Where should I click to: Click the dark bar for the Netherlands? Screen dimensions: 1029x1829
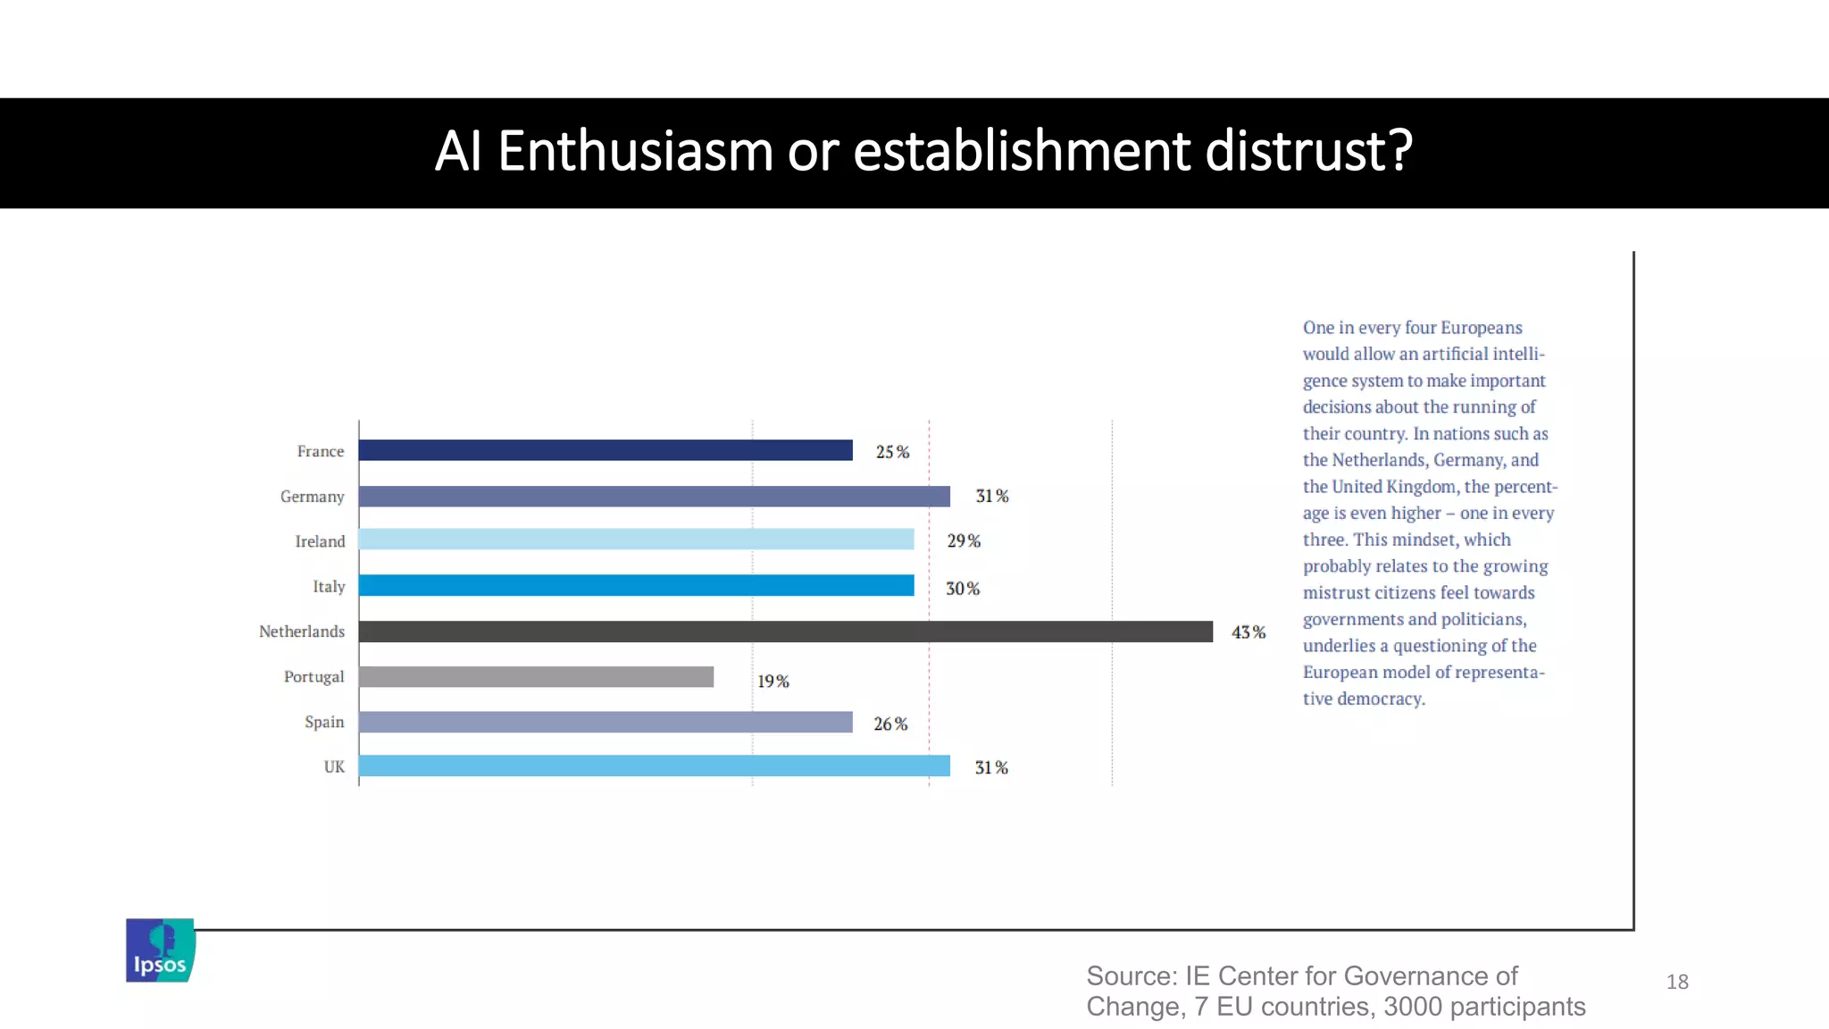(785, 632)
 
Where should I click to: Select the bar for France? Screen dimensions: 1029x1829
(605, 450)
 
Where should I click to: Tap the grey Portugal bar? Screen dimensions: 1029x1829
(536, 677)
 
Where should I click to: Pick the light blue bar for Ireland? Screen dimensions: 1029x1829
(636, 540)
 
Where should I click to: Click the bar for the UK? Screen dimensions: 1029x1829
(654, 766)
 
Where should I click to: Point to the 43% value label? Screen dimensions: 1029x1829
(1248, 632)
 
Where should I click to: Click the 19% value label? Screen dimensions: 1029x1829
(773, 682)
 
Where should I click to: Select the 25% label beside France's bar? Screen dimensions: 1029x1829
(892, 452)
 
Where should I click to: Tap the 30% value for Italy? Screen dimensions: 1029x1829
(963, 589)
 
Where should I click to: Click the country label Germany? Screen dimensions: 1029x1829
(312, 497)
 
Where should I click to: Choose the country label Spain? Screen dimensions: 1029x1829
(323, 722)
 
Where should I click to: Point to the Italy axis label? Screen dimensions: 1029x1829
(328, 587)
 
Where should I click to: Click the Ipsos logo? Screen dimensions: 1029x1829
(160, 950)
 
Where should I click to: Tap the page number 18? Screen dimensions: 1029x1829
(1676, 983)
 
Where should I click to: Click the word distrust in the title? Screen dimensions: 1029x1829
(1308, 151)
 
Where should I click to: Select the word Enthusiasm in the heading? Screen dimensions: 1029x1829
(634, 151)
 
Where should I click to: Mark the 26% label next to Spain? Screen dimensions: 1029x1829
(890, 724)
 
